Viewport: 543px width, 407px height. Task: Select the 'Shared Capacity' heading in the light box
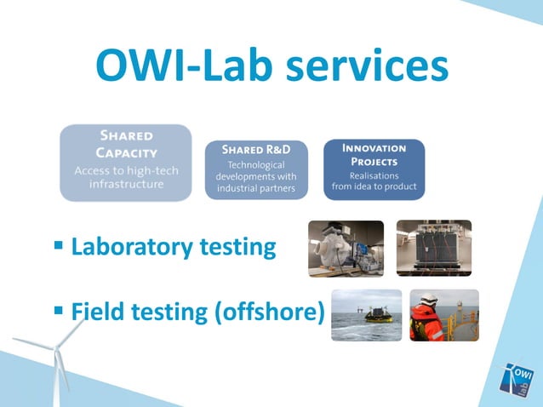(x=126, y=144)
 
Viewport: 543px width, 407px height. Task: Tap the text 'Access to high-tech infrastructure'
(x=126, y=177)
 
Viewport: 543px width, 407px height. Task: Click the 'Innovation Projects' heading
(x=374, y=153)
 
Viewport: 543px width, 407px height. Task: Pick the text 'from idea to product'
(x=374, y=185)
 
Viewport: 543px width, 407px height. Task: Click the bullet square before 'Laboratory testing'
(x=58, y=246)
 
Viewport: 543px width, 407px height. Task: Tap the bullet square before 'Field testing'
(x=58, y=311)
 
